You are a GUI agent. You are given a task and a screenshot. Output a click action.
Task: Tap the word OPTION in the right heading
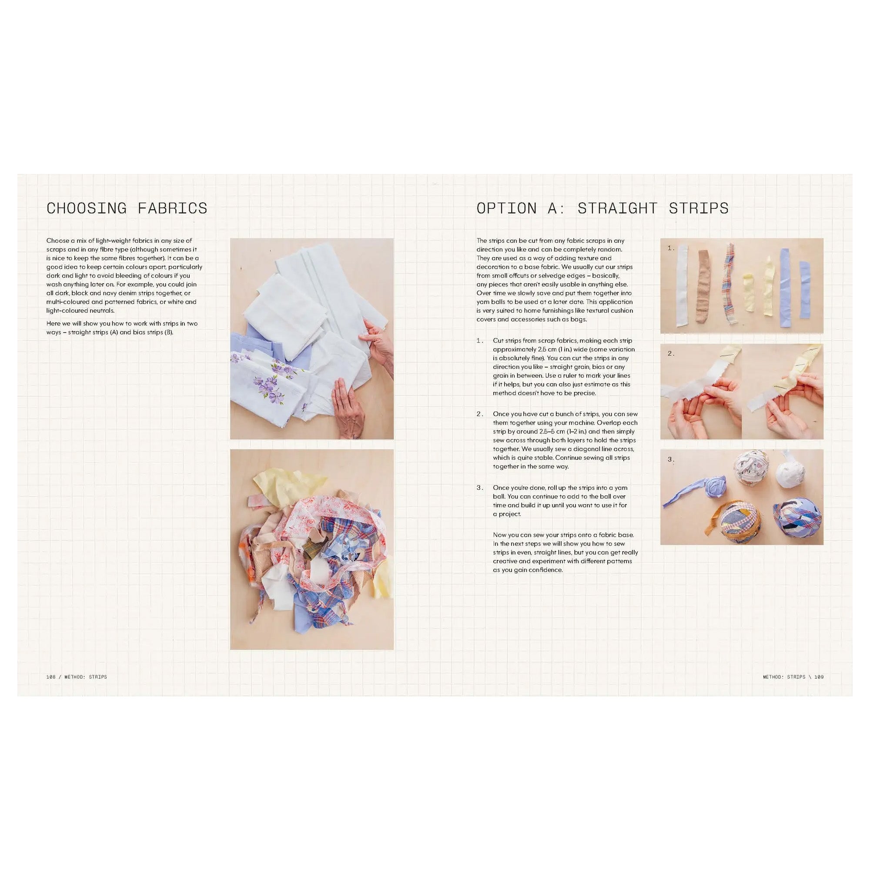pos(506,208)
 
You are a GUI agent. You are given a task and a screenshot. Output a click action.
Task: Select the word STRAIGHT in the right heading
pos(619,208)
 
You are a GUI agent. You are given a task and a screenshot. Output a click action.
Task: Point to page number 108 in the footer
pos(50,677)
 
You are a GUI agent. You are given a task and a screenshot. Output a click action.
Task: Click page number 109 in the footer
pos(819,677)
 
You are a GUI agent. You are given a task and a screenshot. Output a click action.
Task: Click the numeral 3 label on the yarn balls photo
pos(671,460)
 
